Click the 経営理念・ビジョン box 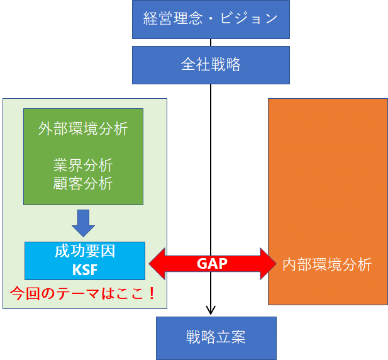(210, 19)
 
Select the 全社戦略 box (210, 65)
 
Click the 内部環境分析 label (327, 264)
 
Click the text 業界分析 (83, 166)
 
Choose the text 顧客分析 (83, 183)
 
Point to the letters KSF (84, 269)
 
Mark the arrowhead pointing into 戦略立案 (211, 310)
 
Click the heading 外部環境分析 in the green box (83, 129)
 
